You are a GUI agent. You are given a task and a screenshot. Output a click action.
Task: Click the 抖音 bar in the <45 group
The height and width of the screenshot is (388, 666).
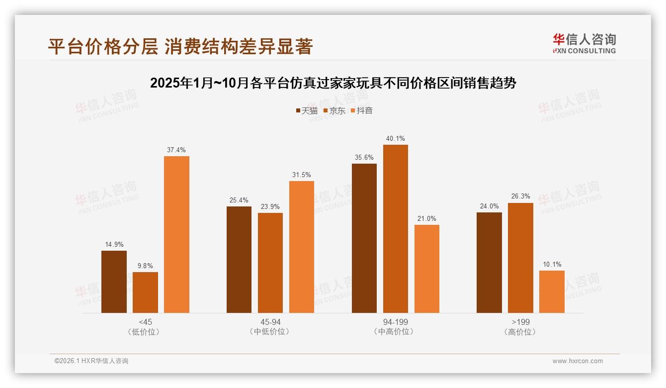[x=176, y=234]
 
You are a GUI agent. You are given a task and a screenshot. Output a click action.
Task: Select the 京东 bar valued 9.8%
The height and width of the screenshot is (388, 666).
[x=145, y=292]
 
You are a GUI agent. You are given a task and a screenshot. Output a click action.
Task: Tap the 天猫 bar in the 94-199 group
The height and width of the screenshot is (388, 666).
[x=364, y=238]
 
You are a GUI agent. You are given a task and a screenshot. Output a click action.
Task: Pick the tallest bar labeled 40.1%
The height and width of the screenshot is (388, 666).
[x=396, y=229]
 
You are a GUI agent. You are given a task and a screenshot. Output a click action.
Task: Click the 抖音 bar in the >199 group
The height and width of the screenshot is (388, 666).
[x=552, y=291]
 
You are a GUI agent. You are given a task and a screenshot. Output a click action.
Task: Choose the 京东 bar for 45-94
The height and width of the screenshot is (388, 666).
[x=270, y=263]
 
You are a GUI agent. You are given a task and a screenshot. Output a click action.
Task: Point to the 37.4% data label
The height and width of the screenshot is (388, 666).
[x=176, y=150]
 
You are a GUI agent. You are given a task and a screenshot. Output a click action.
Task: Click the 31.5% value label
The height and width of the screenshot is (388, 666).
[x=302, y=175]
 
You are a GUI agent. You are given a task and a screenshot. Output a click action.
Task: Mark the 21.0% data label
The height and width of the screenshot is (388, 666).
[x=427, y=218]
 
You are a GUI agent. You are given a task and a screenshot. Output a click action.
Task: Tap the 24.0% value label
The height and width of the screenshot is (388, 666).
[x=489, y=206]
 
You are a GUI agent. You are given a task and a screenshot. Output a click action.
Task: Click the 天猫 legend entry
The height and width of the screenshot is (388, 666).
[x=306, y=110]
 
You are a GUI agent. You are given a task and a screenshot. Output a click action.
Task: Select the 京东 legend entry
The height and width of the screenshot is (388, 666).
[x=334, y=110]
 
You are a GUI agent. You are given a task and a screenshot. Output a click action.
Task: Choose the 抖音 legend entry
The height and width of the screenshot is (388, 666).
[x=361, y=110]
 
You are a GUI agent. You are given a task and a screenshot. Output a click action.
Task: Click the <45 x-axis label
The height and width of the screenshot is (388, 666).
[x=145, y=322]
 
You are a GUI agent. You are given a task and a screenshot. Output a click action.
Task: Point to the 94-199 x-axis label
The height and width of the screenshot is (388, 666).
[x=396, y=322]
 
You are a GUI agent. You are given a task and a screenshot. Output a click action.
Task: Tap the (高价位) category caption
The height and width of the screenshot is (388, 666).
[x=520, y=332]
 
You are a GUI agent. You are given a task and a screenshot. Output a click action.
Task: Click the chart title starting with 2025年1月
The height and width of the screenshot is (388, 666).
[x=333, y=83]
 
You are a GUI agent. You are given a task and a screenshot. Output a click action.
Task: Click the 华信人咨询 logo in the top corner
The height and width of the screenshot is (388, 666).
[x=584, y=43]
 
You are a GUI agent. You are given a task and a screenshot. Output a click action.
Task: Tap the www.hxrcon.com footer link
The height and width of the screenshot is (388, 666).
[x=578, y=361]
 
